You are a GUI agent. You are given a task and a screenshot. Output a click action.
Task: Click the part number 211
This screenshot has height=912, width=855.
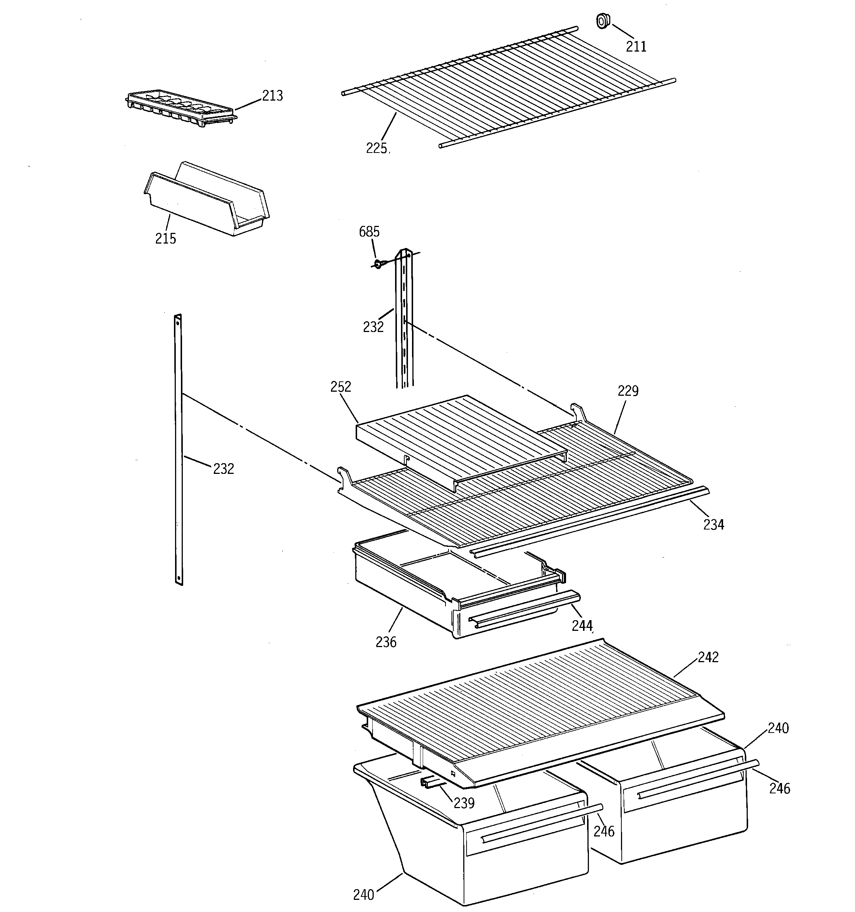636,46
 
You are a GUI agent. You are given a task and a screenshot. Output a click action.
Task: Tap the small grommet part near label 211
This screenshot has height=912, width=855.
602,21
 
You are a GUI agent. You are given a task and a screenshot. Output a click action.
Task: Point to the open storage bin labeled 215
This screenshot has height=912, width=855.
206,200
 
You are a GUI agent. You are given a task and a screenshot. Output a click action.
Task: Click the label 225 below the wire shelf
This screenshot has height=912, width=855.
376,148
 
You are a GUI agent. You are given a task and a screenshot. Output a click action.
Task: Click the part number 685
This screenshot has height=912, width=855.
369,232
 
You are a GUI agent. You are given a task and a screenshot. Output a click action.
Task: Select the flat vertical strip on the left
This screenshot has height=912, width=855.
178,450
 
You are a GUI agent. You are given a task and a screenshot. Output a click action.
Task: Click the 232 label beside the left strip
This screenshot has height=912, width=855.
223,469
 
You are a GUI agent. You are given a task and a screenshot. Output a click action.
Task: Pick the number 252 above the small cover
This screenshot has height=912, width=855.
341,387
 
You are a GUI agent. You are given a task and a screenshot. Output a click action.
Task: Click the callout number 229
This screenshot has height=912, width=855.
628,391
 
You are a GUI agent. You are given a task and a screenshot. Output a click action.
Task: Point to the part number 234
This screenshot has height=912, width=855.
713,524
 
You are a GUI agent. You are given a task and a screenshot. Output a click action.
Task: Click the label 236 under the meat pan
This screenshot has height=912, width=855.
385,642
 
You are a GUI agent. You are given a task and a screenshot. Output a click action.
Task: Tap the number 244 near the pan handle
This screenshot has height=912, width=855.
582,625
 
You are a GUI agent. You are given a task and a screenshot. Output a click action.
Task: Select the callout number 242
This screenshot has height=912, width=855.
708,657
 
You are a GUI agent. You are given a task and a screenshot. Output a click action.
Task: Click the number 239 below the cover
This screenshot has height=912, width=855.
464,803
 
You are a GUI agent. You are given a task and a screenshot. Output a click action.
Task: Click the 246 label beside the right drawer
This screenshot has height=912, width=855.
780,789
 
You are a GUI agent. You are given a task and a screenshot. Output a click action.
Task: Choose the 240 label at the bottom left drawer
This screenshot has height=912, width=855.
363,895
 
